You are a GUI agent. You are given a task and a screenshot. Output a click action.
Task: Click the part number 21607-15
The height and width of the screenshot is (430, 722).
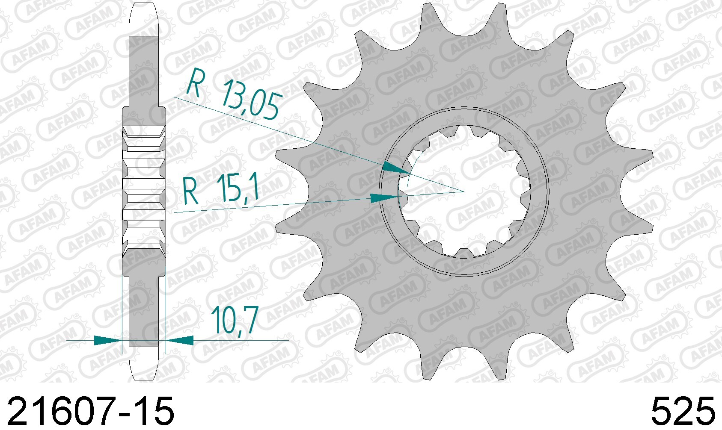pyautogui.click(x=91, y=411)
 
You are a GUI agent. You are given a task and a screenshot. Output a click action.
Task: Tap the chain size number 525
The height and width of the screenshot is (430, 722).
pyautogui.click(x=683, y=411)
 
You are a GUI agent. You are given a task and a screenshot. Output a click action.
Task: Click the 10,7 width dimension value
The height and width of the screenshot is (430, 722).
pyautogui.click(x=235, y=320)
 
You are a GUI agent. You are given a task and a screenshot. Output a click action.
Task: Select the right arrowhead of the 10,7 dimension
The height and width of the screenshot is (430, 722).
pyautogui.click(x=179, y=340)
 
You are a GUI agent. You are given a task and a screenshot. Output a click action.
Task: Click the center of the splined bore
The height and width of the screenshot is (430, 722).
pyautogui.click(x=464, y=191)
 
